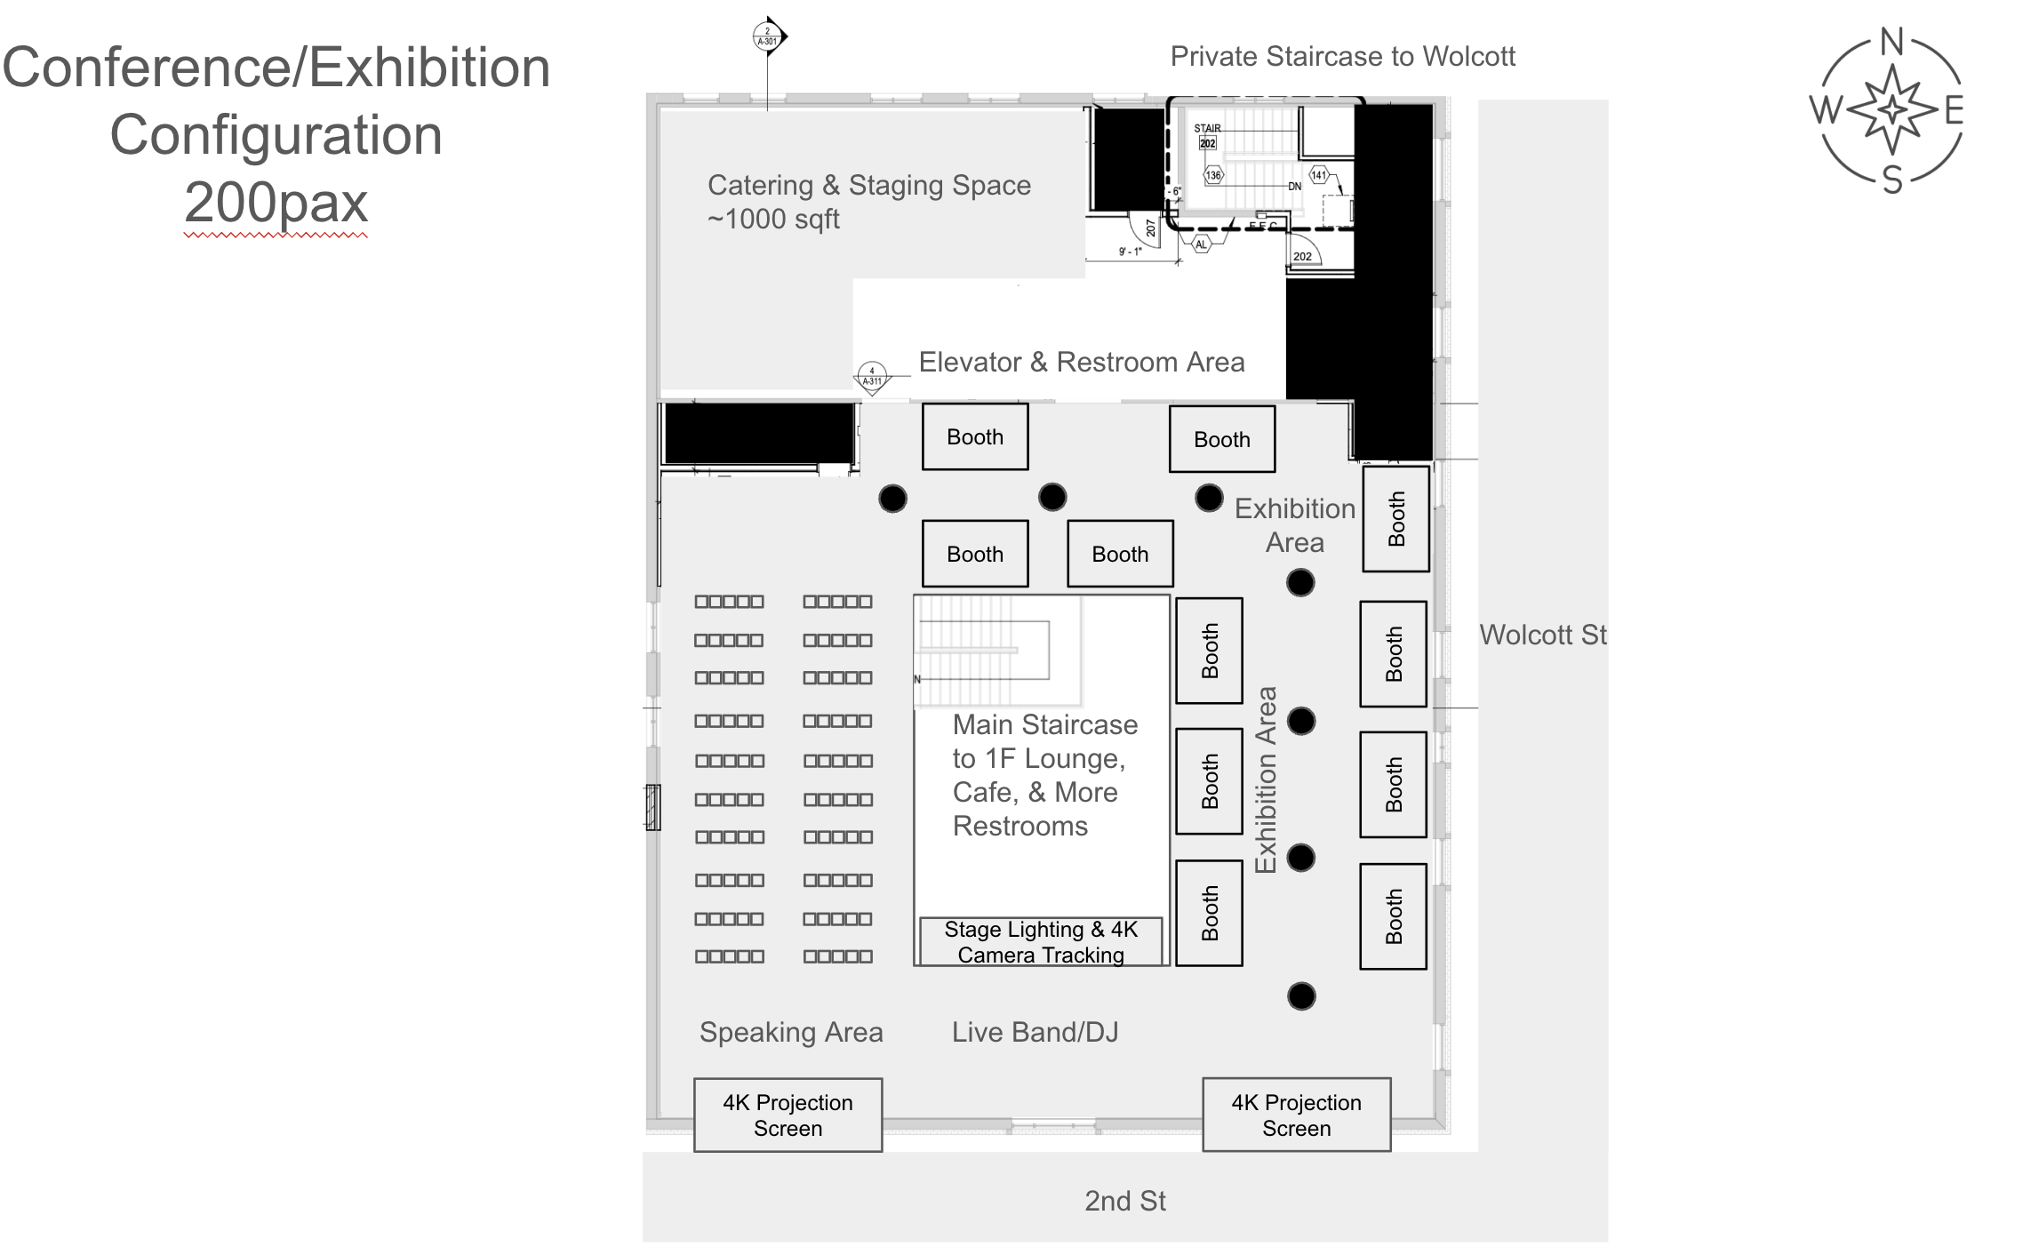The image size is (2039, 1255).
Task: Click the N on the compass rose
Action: pos(1891,42)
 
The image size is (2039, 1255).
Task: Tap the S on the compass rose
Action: pos(1892,180)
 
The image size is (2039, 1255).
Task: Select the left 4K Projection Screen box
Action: pos(788,1115)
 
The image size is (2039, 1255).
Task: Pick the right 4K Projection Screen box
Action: pos(1296,1115)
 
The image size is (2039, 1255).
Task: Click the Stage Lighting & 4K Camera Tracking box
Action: pos(1041,941)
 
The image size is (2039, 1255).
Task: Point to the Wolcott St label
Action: pos(1543,635)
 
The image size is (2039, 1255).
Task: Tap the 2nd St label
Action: pos(1124,1201)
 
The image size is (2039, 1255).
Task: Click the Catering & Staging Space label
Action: pos(868,185)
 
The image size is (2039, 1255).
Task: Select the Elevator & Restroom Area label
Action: pos(1081,362)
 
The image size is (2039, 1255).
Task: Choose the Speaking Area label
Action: pos(791,1032)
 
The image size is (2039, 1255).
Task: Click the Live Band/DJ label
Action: pos(1035,1032)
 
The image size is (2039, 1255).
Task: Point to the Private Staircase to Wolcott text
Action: pos(1342,56)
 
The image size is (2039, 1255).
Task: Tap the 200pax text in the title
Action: pos(276,203)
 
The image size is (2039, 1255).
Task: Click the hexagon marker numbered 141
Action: pos(1319,175)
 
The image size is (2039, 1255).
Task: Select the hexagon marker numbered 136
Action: pos(1213,175)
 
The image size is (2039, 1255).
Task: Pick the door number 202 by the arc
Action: pos(1302,256)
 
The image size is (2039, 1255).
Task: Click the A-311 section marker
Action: pos(872,377)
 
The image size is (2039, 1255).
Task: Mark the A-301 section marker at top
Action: pos(767,36)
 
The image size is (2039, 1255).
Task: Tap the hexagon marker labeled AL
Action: pos(1201,244)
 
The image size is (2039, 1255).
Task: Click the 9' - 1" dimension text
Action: pos(1130,252)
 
